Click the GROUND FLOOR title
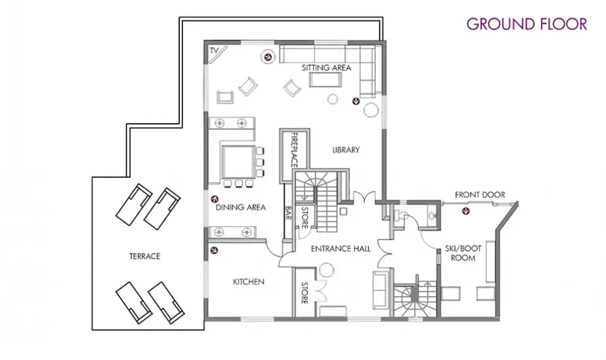527,24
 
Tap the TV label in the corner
214,50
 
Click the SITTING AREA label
326,67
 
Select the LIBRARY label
346,149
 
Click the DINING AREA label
240,207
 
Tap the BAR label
288,213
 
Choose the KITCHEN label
248,282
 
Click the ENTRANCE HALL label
341,249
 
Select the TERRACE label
145,256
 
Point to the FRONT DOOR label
479,194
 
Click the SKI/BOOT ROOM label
463,253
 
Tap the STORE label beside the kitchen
304,293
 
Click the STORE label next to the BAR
304,218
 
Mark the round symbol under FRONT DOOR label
467,211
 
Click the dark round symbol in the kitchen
214,250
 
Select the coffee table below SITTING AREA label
325,80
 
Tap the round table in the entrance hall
326,270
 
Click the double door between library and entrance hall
364,197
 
